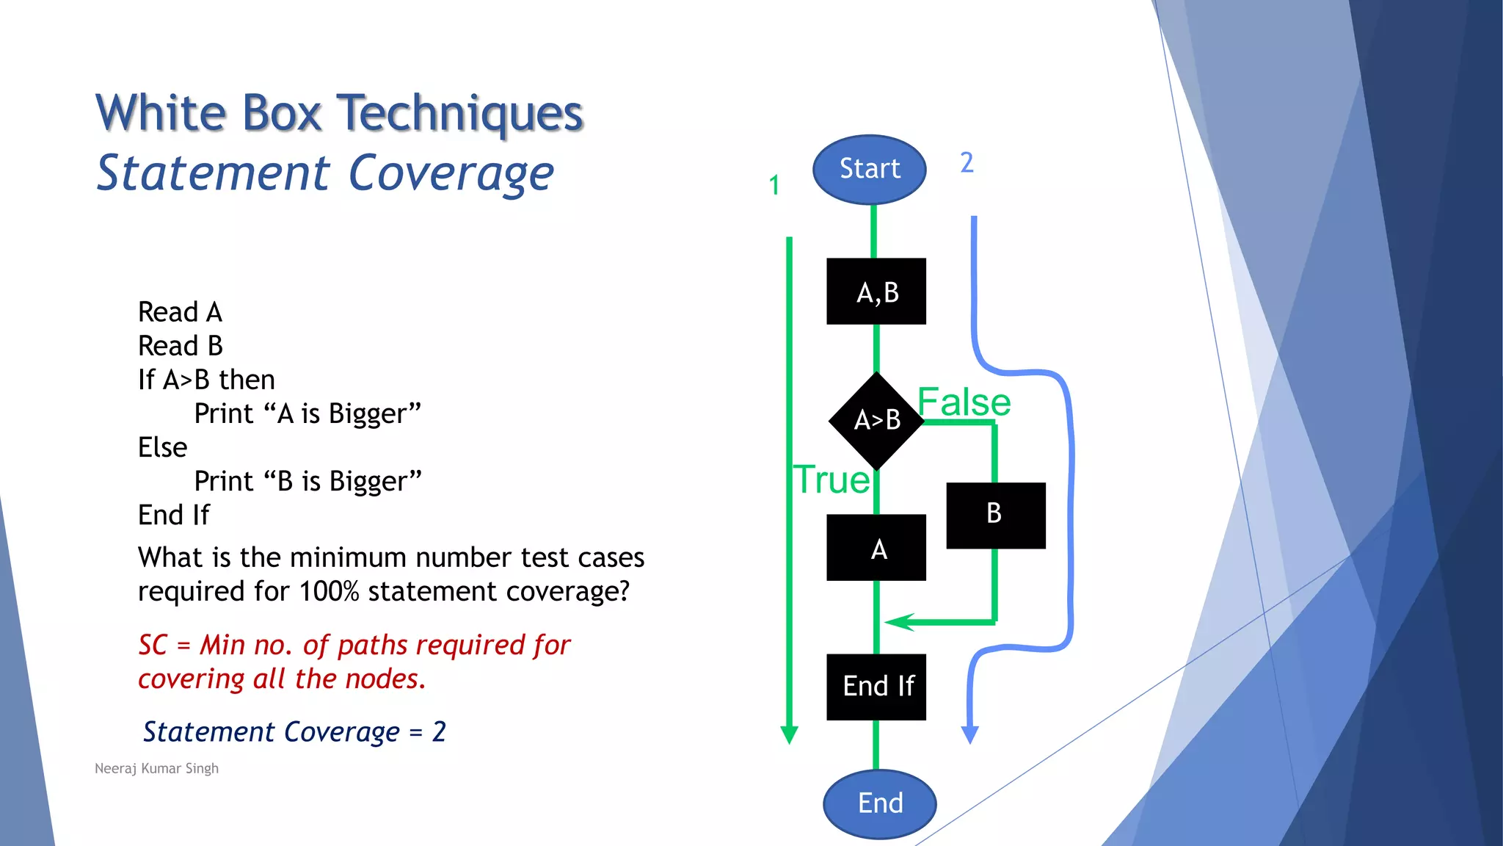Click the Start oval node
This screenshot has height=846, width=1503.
[x=870, y=170]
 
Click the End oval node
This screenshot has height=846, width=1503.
[x=879, y=803]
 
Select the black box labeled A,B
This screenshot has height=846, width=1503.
[x=876, y=292]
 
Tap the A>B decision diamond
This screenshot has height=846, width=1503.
[x=876, y=420]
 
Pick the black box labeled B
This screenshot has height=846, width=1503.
[x=995, y=515]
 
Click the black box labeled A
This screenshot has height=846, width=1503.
[x=876, y=548]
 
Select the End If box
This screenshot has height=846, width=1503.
[x=876, y=687]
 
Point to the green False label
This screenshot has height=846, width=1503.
[x=964, y=402]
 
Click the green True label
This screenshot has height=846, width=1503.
[x=832, y=480]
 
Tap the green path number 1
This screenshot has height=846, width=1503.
[x=774, y=185]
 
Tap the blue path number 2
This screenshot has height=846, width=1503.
[x=967, y=162]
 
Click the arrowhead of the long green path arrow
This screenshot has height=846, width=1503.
[x=789, y=734]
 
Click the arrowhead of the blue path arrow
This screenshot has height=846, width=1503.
[x=970, y=734]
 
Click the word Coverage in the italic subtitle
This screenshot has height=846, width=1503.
[x=451, y=174]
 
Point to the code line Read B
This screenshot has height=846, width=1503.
[x=181, y=346]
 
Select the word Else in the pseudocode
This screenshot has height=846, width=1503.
[x=163, y=447]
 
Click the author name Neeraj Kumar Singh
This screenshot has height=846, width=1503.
[x=156, y=768]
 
